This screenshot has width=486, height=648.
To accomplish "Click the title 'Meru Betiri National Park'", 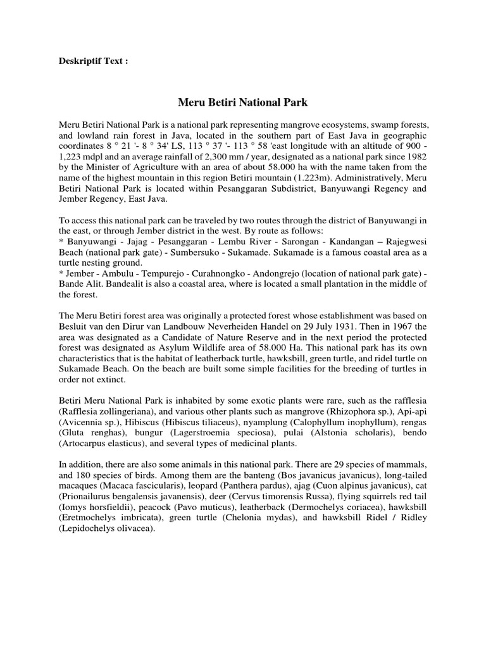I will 242,101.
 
